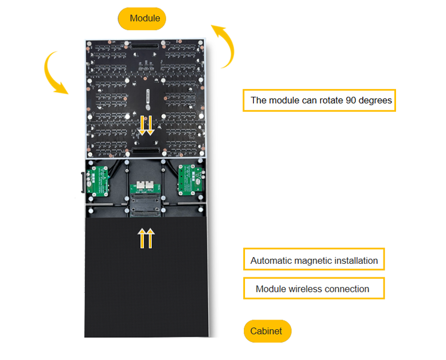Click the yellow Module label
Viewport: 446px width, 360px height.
pyautogui.click(x=142, y=18)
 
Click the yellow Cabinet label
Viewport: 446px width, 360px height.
pyautogui.click(x=267, y=331)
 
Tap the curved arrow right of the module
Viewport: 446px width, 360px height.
pyautogui.click(x=224, y=45)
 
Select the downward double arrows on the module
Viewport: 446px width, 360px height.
pyautogui.click(x=146, y=125)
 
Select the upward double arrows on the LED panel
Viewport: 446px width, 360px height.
pyautogui.click(x=146, y=238)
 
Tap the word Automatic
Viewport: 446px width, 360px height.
pyautogui.click(x=271, y=260)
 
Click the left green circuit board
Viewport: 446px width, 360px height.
pyautogui.click(x=98, y=180)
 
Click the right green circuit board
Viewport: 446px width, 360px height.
pyautogui.click(x=191, y=178)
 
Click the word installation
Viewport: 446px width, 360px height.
pyautogui.click(x=354, y=260)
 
